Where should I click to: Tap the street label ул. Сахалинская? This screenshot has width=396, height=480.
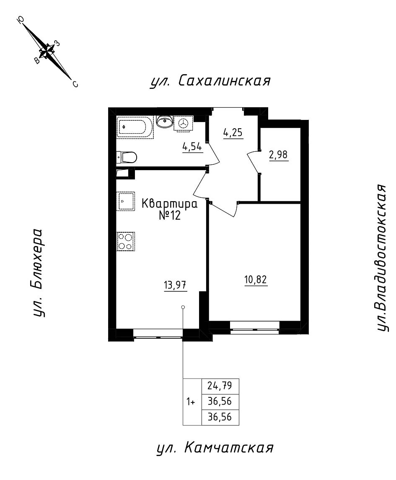tap(210, 81)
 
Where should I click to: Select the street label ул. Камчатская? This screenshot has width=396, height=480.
tap(215, 448)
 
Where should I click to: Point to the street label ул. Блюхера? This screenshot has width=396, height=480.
tap(37, 273)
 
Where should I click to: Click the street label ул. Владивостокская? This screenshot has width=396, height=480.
tap(383, 258)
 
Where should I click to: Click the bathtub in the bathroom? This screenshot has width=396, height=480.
tap(135, 127)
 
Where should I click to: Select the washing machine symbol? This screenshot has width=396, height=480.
tap(183, 123)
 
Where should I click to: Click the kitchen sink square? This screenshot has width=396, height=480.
tap(125, 201)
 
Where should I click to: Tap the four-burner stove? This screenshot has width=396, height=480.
tap(126, 241)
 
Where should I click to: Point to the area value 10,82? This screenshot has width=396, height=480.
tap(256, 280)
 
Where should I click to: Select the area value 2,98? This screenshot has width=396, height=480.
tap(279, 155)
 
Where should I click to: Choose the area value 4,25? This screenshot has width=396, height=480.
tap(233, 132)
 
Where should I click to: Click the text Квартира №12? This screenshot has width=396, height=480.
tap(170, 209)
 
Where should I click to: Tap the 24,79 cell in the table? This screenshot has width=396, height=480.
tap(220, 386)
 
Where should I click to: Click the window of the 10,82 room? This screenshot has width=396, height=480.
tap(255, 330)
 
